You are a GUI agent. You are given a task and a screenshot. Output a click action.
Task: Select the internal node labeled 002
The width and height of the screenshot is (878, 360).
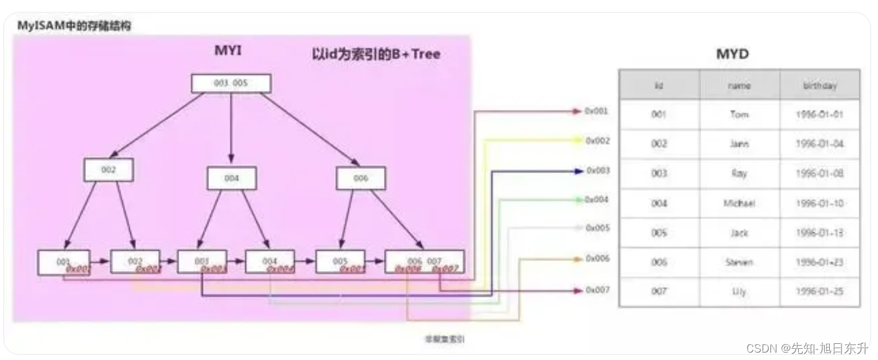(108, 169)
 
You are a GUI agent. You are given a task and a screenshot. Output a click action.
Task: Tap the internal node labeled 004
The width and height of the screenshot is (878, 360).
(231, 178)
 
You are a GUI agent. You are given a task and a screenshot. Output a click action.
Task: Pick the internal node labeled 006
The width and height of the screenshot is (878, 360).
(360, 178)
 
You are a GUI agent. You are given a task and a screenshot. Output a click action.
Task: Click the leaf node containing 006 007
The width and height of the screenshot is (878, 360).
(424, 262)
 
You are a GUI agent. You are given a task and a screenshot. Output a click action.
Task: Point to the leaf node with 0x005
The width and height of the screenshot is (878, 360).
(340, 262)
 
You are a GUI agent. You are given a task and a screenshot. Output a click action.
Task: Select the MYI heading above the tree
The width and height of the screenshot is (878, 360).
(228, 51)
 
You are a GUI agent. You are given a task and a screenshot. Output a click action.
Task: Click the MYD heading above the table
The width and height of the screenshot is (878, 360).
(732, 54)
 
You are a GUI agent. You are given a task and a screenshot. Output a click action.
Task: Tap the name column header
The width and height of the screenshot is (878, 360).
(739, 85)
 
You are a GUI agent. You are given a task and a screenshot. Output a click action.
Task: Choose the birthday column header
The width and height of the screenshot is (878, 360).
(819, 85)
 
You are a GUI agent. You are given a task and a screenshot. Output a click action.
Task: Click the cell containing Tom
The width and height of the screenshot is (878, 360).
(739, 115)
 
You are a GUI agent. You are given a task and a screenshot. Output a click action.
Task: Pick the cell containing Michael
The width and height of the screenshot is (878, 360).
(739, 203)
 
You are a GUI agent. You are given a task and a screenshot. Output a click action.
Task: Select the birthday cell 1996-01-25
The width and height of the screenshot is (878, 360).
(819, 291)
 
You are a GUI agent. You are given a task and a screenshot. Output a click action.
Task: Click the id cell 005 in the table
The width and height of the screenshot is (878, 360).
(659, 233)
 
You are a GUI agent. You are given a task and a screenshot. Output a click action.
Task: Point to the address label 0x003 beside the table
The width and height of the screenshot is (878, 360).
(597, 170)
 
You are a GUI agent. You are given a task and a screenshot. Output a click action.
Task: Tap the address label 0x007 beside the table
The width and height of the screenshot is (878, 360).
(597, 289)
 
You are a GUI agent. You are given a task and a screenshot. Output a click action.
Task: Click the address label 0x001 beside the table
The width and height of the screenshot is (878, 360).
(596, 111)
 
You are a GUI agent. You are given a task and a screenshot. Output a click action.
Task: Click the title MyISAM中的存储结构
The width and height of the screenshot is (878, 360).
(74, 26)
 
